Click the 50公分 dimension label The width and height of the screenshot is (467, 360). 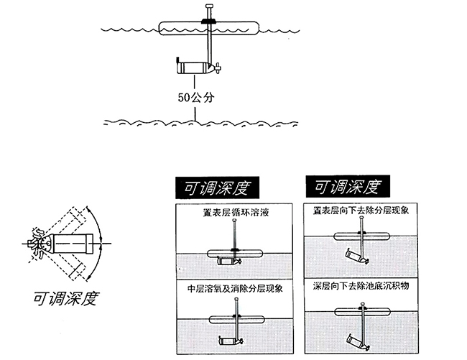[196, 98]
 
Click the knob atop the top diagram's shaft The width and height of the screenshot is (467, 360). [210, 6]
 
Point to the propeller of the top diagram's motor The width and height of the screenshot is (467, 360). [218, 68]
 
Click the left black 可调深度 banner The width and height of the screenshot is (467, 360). [217, 188]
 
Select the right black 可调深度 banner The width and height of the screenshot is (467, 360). [348, 186]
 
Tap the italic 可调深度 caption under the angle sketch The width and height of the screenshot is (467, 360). [65, 297]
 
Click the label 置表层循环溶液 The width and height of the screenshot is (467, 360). [236, 213]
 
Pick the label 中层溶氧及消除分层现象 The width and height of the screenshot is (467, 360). [235, 288]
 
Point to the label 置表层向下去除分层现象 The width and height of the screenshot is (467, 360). [361, 211]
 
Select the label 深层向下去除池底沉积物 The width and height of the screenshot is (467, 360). [361, 286]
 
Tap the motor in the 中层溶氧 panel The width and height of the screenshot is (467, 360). [230, 341]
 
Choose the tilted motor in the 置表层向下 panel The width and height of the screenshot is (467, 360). [356, 257]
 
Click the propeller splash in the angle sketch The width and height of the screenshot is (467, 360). [37, 244]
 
